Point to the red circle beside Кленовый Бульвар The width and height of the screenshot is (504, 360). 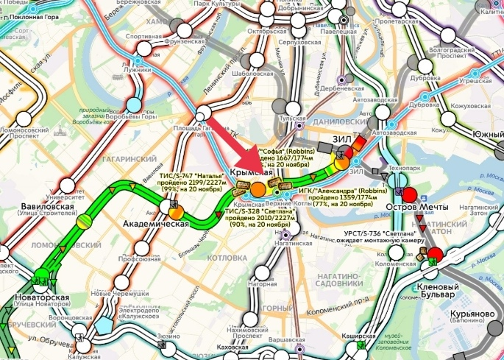(x=435, y=255)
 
